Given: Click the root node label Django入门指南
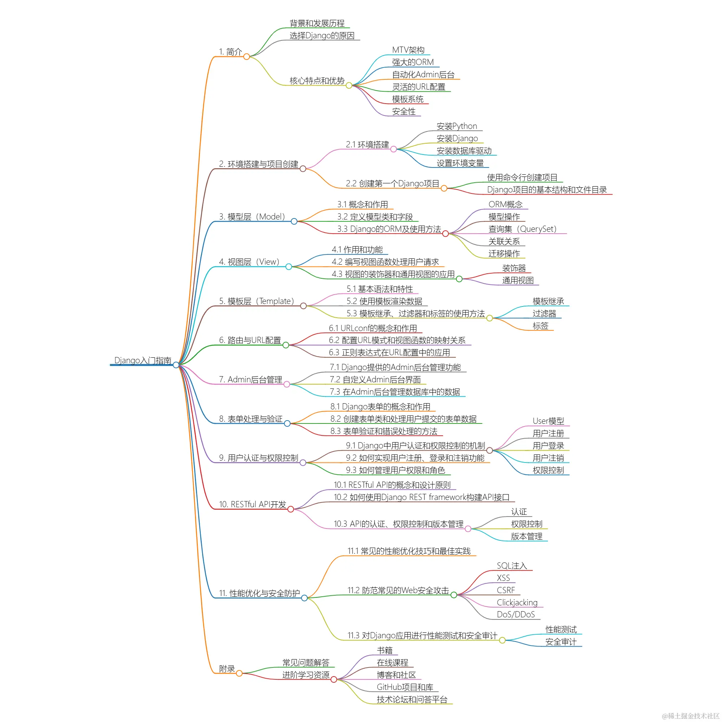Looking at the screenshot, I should coord(143,360).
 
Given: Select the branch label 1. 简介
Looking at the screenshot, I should coord(230,52).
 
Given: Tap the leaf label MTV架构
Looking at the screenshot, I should coord(408,50).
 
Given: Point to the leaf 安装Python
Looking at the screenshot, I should coord(457,126).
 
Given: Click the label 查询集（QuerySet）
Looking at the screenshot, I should coord(522,229).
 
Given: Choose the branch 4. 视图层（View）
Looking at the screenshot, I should coord(249,262).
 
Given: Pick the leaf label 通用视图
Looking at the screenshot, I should coord(518,280).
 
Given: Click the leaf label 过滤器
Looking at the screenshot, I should coord(544,314).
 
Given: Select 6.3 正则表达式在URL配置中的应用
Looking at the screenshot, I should coord(389,353).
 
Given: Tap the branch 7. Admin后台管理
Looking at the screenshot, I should coord(251,380).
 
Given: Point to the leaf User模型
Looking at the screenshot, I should coord(548,421).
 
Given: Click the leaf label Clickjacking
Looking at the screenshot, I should coord(517,603).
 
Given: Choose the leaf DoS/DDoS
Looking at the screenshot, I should coord(516,614).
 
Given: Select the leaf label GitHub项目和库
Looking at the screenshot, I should coord(405,687).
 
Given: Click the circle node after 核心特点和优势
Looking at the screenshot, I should coord(349,86).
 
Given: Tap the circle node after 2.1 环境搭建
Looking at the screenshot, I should coord(393,149).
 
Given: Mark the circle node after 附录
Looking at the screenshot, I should coord(239,673).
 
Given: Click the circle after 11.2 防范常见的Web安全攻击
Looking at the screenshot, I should coord(454,595).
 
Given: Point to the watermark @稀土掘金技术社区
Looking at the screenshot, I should coord(690,716).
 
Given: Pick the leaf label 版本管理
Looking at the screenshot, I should coord(527,537).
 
